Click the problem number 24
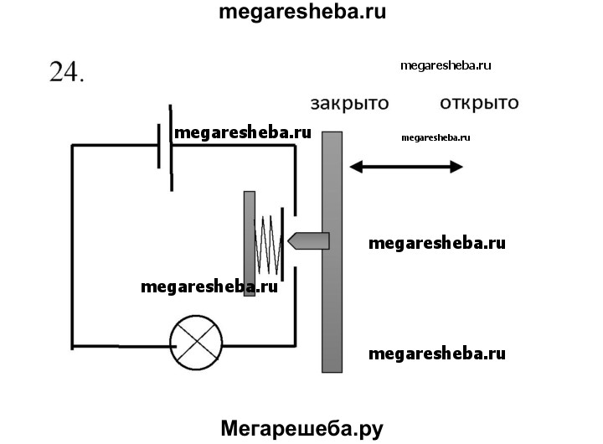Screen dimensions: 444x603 coord(67,73)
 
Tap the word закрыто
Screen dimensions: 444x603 coord(349,105)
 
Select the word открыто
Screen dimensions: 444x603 coord(478,104)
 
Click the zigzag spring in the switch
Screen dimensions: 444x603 coord(265,244)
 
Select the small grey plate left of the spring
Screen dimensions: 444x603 coord(249,243)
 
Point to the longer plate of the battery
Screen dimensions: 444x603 coord(171,147)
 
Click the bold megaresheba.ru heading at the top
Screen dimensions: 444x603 coord(301,12)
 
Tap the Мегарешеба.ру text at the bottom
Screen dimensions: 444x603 coord(301,429)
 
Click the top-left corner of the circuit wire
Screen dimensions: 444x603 coord(72,146)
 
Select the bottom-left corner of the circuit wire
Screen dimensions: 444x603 coord(72,344)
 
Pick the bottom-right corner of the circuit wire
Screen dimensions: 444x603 coord(294,344)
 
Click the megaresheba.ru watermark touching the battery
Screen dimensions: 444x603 coord(242,132)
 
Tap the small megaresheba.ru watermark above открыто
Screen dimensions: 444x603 coord(446,65)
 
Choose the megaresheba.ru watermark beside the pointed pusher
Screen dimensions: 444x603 coord(437,243)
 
